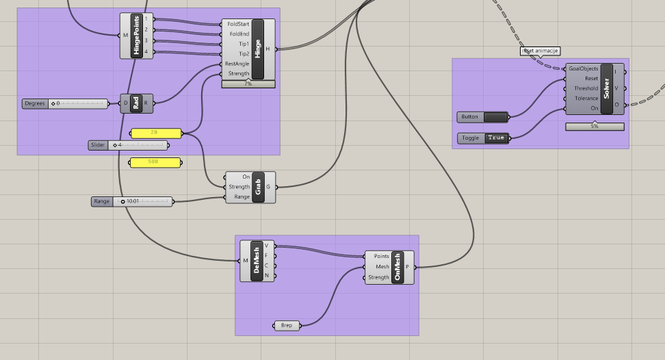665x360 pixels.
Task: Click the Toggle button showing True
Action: (496, 138)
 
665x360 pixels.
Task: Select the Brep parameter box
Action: (287, 325)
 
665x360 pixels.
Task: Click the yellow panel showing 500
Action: (155, 163)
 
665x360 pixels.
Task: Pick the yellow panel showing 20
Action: (155, 133)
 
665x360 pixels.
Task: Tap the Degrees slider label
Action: (34, 103)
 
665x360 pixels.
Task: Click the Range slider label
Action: (101, 201)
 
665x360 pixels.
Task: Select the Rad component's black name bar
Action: (136, 103)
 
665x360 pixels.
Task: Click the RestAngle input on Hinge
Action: (237, 64)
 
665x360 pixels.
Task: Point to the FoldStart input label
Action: (238, 24)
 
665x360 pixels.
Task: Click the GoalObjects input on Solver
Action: (583, 68)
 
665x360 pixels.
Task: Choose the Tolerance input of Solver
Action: (586, 99)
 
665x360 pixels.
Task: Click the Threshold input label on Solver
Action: (586, 88)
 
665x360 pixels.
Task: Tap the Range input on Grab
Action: (242, 196)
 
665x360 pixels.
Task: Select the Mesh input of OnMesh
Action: (382, 267)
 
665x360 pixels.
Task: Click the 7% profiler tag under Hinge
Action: (248, 84)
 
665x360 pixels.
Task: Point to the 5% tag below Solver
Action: (595, 127)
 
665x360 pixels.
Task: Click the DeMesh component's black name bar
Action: (257, 260)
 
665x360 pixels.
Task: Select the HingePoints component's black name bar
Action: (136, 36)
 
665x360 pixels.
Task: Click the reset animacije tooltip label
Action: (540, 51)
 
